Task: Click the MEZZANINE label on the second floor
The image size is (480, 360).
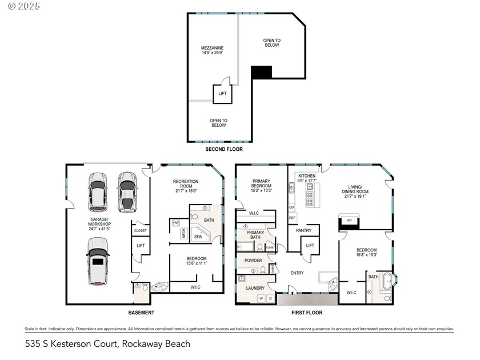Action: (x=211, y=50)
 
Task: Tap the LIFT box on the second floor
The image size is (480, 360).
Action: (x=222, y=94)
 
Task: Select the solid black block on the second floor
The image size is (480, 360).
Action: (x=262, y=72)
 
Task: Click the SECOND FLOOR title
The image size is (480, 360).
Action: (x=224, y=149)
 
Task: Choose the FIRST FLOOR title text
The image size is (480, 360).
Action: (x=306, y=313)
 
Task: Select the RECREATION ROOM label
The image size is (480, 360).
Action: (x=186, y=185)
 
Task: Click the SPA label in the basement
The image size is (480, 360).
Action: (x=198, y=236)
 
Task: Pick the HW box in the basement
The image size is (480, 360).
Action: (x=176, y=222)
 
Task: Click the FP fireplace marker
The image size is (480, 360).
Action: (x=349, y=221)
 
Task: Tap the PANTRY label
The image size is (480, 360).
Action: (x=303, y=231)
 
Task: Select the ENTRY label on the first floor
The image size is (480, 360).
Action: (x=297, y=273)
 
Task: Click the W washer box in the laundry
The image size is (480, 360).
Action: (x=261, y=298)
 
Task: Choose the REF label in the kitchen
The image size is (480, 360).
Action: (x=292, y=218)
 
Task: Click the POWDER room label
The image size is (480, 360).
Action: (x=253, y=261)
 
